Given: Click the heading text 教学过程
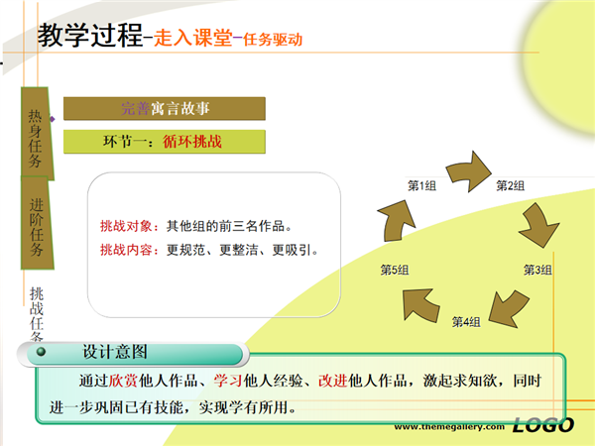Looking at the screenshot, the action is tap(90, 35).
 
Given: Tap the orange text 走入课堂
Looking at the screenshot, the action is tap(193, 38).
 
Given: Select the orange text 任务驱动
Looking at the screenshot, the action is tap(273, 39).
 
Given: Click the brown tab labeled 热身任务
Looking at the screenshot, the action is tap(37, 133).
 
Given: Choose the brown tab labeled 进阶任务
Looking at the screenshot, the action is tap(37, 223).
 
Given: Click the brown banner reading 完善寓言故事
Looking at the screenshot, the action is tap(165, 108).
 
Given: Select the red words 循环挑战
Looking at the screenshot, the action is tap(192, 142).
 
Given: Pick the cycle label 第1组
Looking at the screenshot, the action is tap(422, 186).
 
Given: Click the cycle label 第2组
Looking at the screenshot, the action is tap(511, 186).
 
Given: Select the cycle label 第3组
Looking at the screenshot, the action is tap(537, 270).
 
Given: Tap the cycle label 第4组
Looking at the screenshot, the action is tap(466, 322).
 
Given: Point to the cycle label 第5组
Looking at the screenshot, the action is tap(395, 270).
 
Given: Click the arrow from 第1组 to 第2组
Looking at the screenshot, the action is tap(470, 171).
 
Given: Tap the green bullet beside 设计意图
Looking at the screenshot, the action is tap(41, 352).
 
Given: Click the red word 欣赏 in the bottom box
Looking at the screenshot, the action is tap(123, 381).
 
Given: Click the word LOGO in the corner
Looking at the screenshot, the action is tap(543, 425).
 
